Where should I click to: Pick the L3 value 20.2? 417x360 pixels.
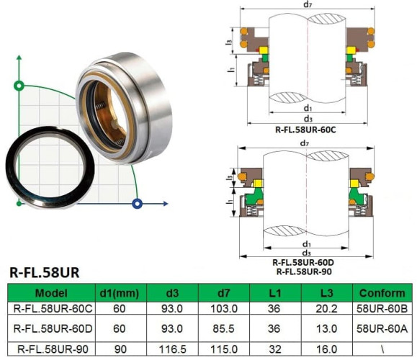[x=326, y=308]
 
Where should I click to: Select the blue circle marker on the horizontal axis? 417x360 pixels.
[x=137, y=204]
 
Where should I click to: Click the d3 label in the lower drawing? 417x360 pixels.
[x=308, y=253]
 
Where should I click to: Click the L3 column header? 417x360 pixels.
[x=326, y=293]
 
